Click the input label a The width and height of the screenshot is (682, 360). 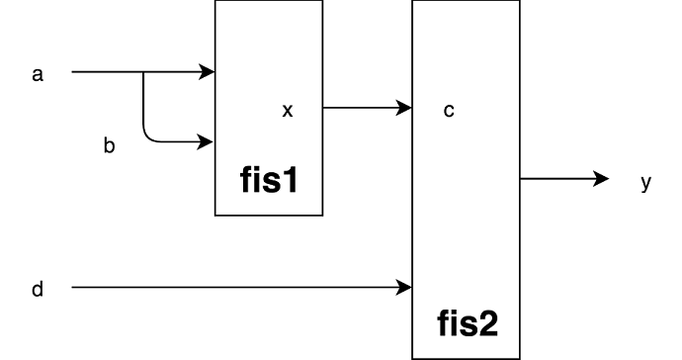point(38,73)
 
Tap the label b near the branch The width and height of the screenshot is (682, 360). point(110,146)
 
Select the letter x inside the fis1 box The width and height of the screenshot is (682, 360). point(288,111)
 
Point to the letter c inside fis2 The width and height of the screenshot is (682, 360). point(449,110)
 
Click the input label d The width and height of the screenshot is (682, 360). point(38,289)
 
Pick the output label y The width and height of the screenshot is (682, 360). point(645,182)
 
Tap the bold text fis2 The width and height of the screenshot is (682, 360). point(466,323)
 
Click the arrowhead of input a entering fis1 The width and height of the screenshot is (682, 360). point(208,72)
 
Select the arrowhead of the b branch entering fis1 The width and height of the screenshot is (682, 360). point(208,141)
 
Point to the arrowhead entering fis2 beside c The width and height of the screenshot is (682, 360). point(404,107)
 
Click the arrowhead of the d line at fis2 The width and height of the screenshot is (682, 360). point(404,289)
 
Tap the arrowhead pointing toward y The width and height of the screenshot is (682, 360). point(601,179)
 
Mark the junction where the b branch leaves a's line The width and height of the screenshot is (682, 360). point(144,72)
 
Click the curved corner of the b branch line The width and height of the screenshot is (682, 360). point(149,136)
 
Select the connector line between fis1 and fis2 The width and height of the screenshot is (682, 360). point(361,107)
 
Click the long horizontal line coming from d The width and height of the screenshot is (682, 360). point(237,289)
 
